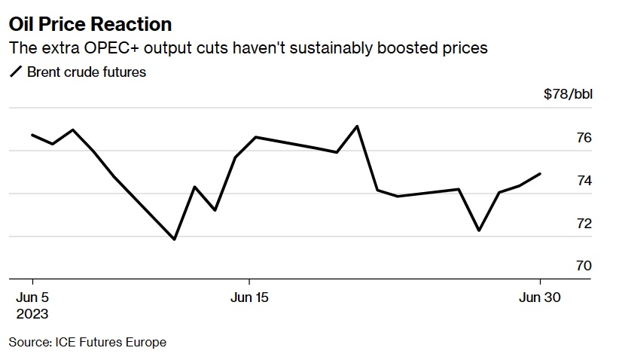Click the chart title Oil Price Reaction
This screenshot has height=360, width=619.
click(x=90, y=25)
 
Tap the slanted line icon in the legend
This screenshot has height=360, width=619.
click(x=16, y=72)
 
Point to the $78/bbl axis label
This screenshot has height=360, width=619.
click(x=568, y=94)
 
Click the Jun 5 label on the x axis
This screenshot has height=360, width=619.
click(x=33, y=297)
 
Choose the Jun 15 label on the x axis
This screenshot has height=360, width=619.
click(x=249, y=297)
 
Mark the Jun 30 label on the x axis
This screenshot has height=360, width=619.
click(x=540, y=297)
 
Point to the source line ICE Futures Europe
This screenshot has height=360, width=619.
click(x=87, y=343)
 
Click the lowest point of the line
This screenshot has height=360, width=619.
click(x=175, y=239)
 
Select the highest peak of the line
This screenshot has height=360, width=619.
click(x=357, y=126)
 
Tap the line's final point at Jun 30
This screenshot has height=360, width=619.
click(x=541, y=173)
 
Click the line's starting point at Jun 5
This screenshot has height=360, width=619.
click(x=32, y=135)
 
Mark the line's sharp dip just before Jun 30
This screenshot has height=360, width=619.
click(x=479, y=230)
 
